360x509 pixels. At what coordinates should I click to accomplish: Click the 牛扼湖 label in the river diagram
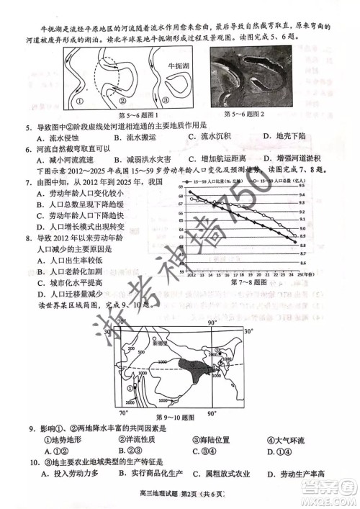(x=177, y=66)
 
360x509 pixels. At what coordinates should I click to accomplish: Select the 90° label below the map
(x=212, y=414)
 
